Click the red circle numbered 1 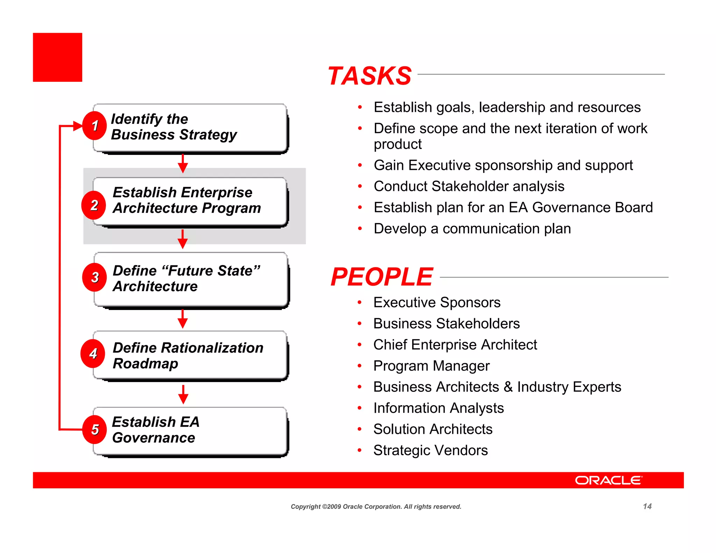pyautogui.click(x=94, y=126)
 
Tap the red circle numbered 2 pyautogui.click(x=94, y=205)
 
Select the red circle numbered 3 pyautogui.click(x=94, y=278)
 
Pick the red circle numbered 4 pyautogui.click(x=93, y=354)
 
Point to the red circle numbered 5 pyautogui.click(x=94, y=430)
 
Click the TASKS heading pyautogui.click(x=370, y=76)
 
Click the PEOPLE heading pyautogui.click(x=382, y=277)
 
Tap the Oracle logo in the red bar pyautogui.click(x=608, y=480)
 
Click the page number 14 pyautogui.click(x=647, y=507)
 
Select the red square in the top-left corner pyautogui.click(x=58, y=57)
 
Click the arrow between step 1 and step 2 pyautogui.click(x=183, y=164)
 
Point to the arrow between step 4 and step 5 pyautogui.click(x=183, y=394)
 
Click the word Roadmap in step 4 pyautogui.click(x=145, y=364)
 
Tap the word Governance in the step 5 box pyautogui.click(x=153, y=438)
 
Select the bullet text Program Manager pyautogui.click(x=431, y=366)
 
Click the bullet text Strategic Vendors pyautogui.click(x=430, y=450)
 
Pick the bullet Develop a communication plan pyautogui.click(x=472, y=229)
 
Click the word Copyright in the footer pyautogui.click(x=306, y=507)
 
